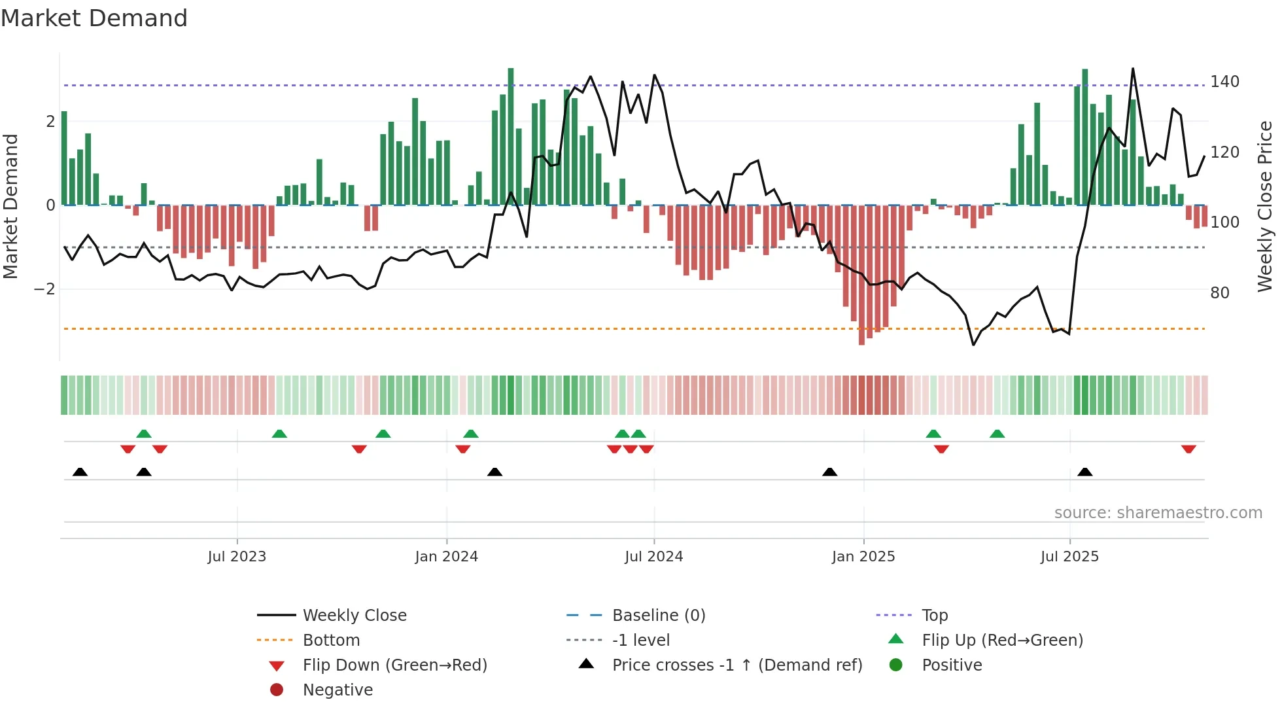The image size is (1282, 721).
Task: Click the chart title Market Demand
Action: click(x=94, y=18)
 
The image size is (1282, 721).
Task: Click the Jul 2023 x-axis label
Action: click(x=237, y=556)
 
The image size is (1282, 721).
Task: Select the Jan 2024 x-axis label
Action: click(x=446, y=556)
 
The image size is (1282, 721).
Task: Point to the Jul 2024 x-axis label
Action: click(x=653, y=556)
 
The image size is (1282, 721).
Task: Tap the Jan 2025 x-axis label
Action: click(x=863, y=556)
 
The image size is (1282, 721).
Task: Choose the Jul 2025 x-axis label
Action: click(x=1069, y=556)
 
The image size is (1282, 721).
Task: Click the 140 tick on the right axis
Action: click(x=1224, y=82)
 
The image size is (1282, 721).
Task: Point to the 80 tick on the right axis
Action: click(x=1219, y=292)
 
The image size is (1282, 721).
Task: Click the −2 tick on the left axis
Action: click(x=44, y=289)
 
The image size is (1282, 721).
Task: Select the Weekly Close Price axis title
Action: click(x=1265, y=206)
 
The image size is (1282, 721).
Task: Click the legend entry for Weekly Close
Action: click(x=354, y=615)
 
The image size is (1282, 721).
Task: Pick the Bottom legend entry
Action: click(x=331, y=640)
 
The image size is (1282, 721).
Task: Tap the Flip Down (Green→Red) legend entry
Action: click(x=394, y=665)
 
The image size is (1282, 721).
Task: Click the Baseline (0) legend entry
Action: click(x=658, y=615)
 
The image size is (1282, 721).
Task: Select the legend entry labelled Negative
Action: click(x=338, y=690)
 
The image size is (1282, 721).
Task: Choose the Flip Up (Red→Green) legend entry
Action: click(x=1002, y=640)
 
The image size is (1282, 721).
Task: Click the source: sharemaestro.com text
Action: click(x=1158, y=512)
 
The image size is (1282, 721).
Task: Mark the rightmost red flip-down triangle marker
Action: click(x=1188, y=449)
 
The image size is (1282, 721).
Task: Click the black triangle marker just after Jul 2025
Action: click(x=1084, y=472)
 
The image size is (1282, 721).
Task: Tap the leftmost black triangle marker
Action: click(x=80, y=472)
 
